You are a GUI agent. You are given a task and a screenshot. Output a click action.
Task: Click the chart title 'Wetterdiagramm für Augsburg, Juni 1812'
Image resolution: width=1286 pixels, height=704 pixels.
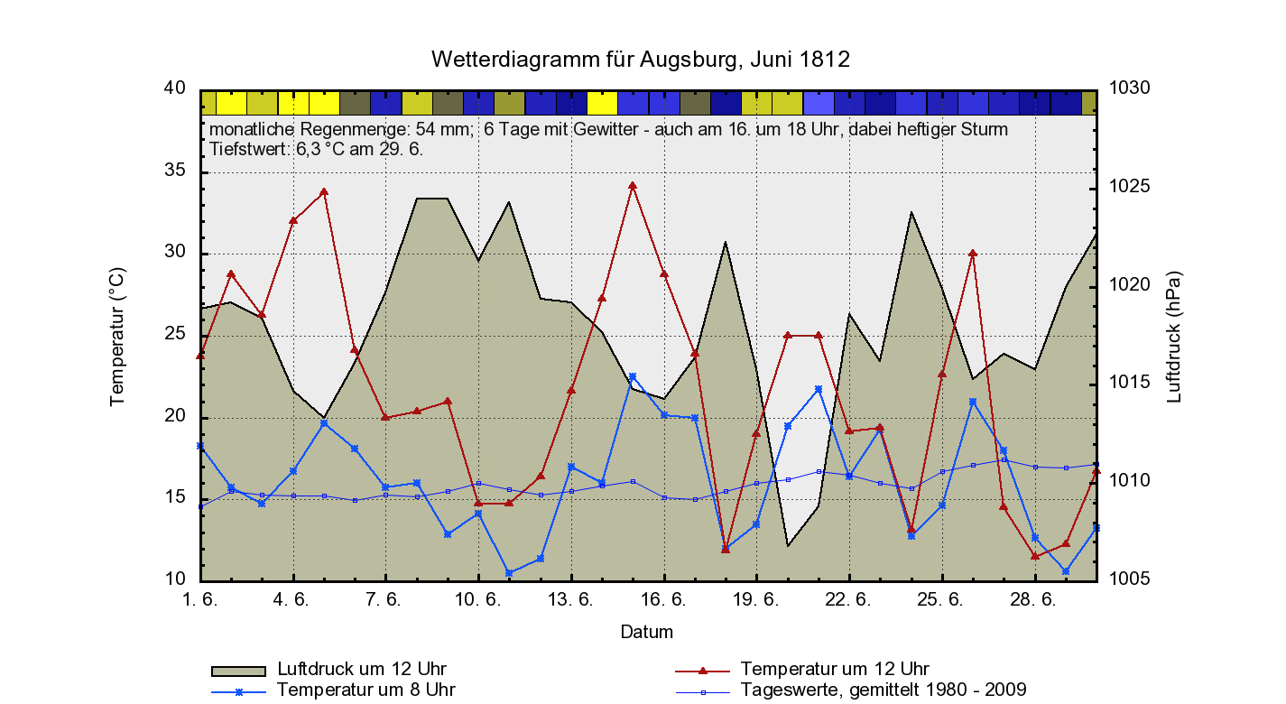[x=641, y=60]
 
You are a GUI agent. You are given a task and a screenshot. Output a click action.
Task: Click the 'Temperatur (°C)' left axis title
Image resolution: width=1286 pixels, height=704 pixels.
[x=116, y=336]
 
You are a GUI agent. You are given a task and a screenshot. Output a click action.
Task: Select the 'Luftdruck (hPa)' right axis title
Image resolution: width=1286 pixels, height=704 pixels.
[x=1173, y=336]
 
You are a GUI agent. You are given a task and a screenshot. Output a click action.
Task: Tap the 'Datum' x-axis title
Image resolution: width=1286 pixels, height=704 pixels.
[x=646, y=632]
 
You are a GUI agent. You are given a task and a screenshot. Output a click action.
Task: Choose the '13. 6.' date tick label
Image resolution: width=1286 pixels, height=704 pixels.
[x=571, y=599]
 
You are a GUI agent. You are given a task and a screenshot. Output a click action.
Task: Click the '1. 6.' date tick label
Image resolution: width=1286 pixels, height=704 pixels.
[x=200, y=599]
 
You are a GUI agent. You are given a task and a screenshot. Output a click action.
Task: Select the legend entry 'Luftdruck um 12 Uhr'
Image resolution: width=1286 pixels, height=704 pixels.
[x=361, y=670]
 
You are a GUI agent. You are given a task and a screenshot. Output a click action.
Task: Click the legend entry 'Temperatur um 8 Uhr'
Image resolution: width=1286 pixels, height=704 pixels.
[x=365, y=690]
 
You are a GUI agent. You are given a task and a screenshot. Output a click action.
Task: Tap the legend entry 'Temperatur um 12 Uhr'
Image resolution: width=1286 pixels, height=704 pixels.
[x=834, y=670]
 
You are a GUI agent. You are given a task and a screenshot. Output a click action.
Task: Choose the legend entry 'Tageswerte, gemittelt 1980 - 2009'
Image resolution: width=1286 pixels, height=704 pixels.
[x=883, y=690]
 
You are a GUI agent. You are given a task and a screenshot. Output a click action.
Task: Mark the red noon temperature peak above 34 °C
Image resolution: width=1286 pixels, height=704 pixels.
[x=633, y=186]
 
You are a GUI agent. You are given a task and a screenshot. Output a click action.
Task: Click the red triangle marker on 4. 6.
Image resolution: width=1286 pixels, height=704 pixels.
[x=293, y=220]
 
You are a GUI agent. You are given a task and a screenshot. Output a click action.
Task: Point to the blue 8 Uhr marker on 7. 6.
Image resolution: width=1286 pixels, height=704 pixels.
[x=386, y=487]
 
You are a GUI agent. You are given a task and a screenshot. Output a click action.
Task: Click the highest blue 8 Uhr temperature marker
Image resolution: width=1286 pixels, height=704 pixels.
[x=633, y=376]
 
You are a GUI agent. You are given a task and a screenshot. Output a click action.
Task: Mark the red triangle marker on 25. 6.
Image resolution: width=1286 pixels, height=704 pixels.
[x=942, y=374]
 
